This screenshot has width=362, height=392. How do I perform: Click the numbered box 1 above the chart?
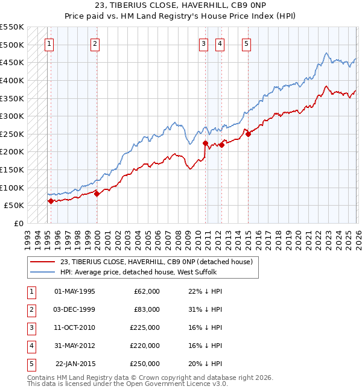point(49,43)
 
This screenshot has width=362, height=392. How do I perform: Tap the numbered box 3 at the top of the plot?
point(204,43)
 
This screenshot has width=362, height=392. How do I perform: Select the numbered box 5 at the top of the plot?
point(247,43)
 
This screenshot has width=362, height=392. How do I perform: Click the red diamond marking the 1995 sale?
point(51,201)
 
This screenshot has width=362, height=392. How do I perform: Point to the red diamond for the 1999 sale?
point(97,194)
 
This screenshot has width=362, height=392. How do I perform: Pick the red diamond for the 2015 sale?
point(248,134)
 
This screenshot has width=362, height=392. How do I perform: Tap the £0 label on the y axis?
point(18,223)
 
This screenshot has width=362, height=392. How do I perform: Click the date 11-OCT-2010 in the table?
point(74,327)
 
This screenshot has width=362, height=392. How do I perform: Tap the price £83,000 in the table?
point(147,309)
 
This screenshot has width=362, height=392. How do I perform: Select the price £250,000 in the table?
point(145,364)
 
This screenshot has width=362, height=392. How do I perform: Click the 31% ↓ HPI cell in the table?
point(205,309)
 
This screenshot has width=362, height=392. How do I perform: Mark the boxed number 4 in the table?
point(30,346)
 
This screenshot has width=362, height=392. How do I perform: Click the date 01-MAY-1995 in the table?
point(74,291)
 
